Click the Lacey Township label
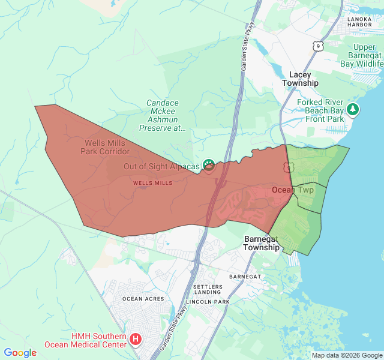click(300, 79)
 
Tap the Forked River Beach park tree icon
click(354, 109)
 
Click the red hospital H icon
click(136, 340)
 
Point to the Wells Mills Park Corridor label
click(106, 147)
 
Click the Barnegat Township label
click(262, 243)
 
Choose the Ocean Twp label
click(293, 190)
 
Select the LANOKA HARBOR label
click(364, 22)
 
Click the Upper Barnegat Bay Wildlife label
click(364, 55)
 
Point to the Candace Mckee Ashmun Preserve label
click(163, 115)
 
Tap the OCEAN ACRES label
click(143, 299)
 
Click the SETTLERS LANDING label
click(208, 290)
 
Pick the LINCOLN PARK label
click(208, 301)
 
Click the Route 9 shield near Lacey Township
click(317, 46)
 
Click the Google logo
click(20, 353)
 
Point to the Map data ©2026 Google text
click(346, 355)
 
